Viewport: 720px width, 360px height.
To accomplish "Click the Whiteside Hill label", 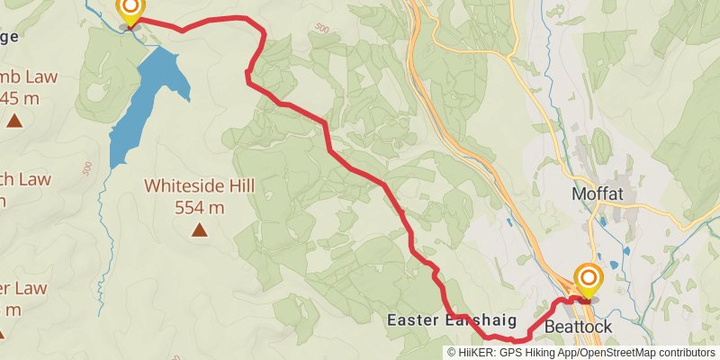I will point(200,186).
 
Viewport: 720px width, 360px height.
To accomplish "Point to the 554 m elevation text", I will point(200,207).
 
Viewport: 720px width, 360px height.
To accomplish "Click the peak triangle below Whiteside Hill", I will point(199,230).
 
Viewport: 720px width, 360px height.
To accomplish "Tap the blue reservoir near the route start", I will point(144,103).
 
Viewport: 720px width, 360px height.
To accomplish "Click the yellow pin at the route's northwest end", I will point(130,9).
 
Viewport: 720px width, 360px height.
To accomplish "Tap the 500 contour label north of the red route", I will point(322,28).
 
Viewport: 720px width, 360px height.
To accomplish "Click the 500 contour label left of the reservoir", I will point(86,168).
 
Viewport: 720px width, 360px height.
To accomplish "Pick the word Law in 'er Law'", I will point(30,288).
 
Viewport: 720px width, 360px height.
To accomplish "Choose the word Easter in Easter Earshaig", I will point(413,319).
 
